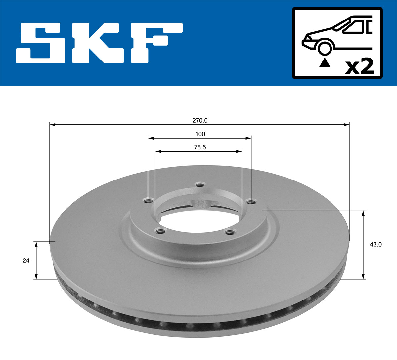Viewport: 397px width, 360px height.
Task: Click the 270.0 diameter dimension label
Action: point(200,121)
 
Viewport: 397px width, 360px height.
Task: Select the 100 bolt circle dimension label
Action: point(200,134)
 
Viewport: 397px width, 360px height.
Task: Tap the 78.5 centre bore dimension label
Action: point(200,147)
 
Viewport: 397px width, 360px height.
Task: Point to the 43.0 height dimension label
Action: point(375,245)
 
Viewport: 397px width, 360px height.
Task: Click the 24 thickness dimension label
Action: point(26,261)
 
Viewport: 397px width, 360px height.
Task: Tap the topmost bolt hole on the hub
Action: point(199,184)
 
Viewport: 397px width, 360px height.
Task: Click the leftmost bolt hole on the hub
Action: point(149,200)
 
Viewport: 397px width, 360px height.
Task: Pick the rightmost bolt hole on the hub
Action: point(252,201)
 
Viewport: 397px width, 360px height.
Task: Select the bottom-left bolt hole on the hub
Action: point(161,231)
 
